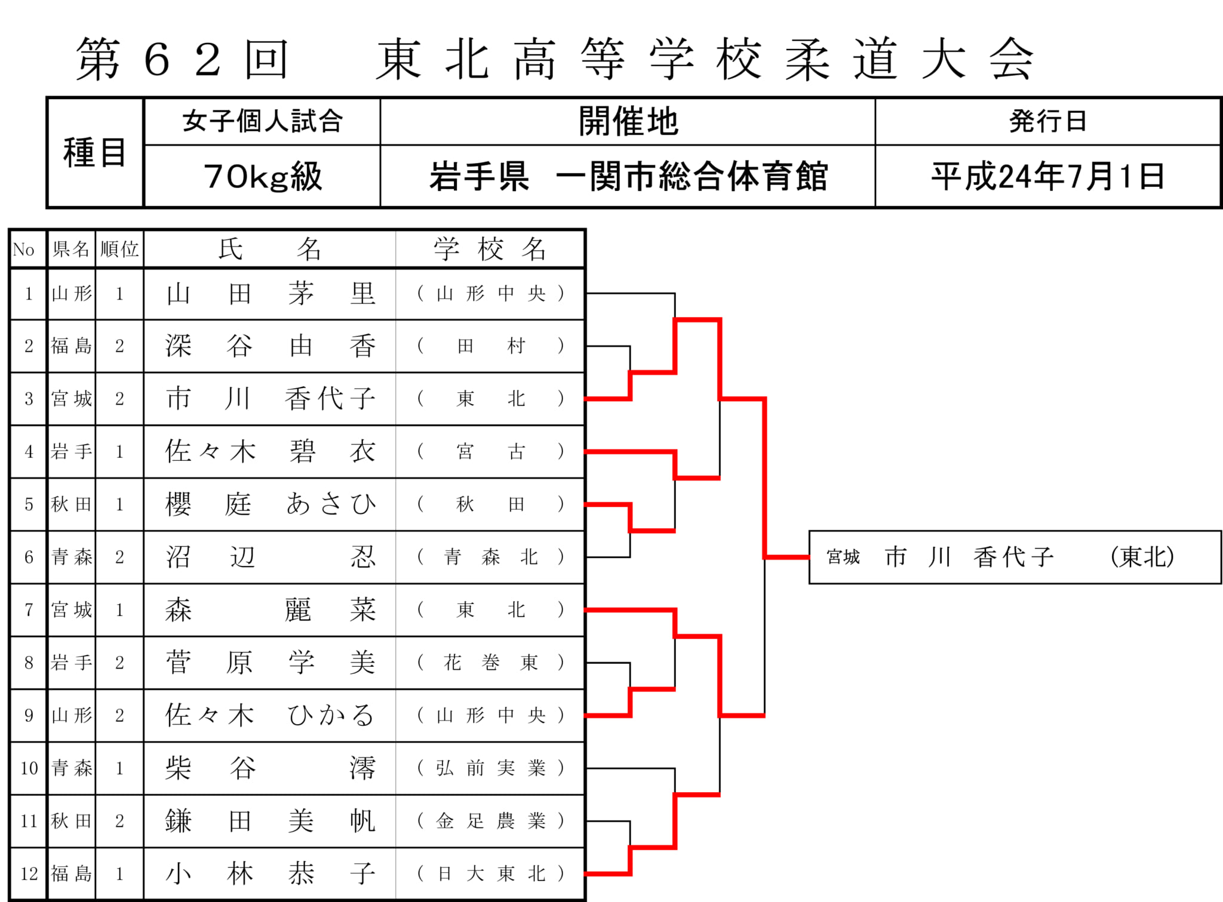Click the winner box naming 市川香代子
pyautogui.click(x=1015, y=557)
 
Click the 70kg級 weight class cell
pyautogui.click(x=262, y=176)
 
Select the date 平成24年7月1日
pyautogui.click(x=1048, y=176)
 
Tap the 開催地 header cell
pyautogui.click(x=628, y=122)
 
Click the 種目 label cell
pyautogui.click(x=95, y=153)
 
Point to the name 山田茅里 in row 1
pyautogui.click(x=270, y=294)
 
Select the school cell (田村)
pyautogui.click(x=490, y=346)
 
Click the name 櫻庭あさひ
pyautogui.click(x=270, y=504)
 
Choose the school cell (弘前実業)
pyautogui.click(x=490, y=768)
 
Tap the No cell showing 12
pyautogui.click(x=29, y=874)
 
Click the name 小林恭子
pyautogui.click(x=270, y=874)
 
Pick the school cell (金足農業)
pyautogui.click(x=490, y=821)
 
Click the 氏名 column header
pyautogui.click(x=270, y=249)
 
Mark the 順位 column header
pyautogui.click(x=119, y=249)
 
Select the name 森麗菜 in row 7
pyautogui.click(x=270, y=610)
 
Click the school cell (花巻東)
pyautogui.click(x=490, y=663)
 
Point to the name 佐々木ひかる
pyautogui.click(x=270, y=716)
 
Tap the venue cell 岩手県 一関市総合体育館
pyautogui.click(x=628, y=176)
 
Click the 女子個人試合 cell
pyautogui.click(x=262, y=122)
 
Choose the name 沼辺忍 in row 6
pyautogui.click(x=270, y=557)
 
